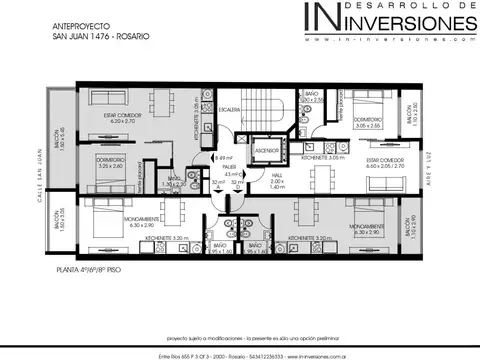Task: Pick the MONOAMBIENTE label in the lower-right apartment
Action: pyautogui.click(x=369, y=227)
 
